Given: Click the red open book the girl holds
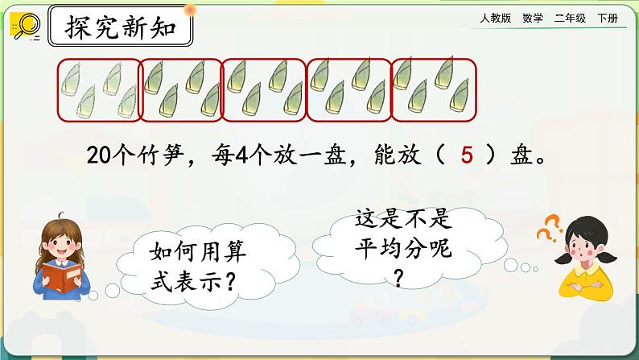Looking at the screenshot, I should coord(62,274).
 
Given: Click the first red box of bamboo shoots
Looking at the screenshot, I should coord(97,89).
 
